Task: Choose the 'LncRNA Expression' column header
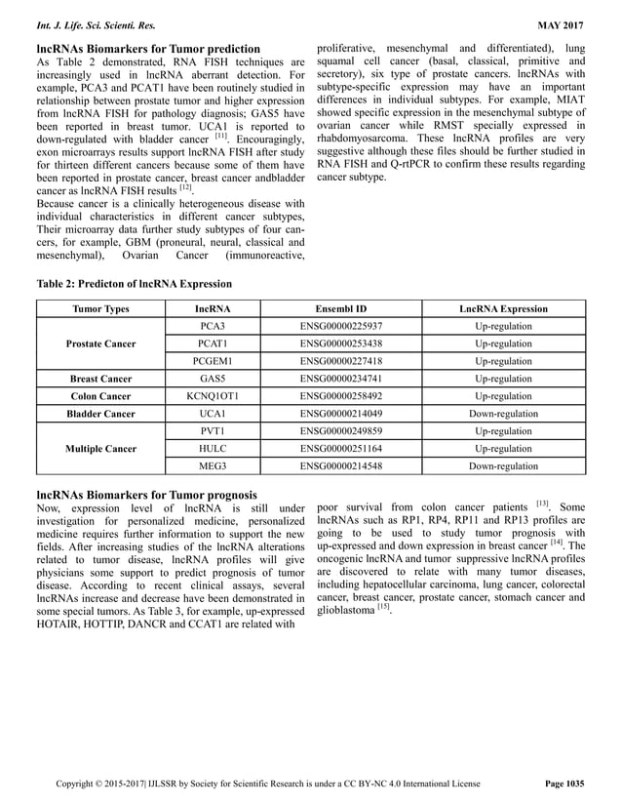(503, 308)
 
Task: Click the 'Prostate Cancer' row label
(100, 343)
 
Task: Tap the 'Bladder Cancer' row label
(100, 414)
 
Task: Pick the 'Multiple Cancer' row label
(100, 449)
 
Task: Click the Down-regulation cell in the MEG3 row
(503, 466)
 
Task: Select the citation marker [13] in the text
(542, 504)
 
